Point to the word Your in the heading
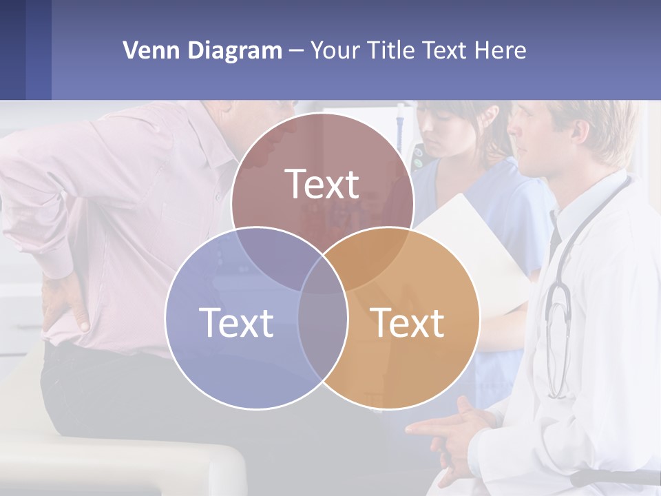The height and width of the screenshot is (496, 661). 336,50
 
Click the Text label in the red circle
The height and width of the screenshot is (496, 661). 322,185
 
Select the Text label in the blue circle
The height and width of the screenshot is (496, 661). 236,322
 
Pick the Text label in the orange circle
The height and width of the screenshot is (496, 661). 408,322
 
